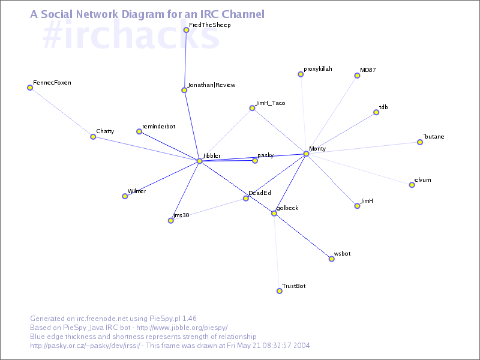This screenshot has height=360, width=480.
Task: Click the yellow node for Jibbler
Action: (200, 161)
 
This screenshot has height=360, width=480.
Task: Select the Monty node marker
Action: (306, 154)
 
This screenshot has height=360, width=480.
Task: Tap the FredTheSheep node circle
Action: (186, 30)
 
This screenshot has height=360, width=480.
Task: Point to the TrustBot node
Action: (279, 291)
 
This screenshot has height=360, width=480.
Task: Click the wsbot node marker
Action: (331, 259)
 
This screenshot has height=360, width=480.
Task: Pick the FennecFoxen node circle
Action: (30, 88)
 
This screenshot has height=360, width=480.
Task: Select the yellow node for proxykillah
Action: (301, 74)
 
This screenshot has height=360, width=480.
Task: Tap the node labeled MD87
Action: (357, 76)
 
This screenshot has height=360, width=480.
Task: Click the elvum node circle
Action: (412, 185)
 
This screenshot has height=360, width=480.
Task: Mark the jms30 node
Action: (171, 221)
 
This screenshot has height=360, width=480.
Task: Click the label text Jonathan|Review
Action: (211, 85)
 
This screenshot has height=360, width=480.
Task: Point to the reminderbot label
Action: (158, 127)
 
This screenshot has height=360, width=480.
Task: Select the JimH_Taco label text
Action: (270, 103)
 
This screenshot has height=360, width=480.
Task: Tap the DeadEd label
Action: (260, 193)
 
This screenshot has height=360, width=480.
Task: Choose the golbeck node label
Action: (287, 208)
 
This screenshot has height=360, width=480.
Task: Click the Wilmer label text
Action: (137, 191)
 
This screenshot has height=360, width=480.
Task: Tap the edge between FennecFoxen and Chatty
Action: (61, 112)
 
